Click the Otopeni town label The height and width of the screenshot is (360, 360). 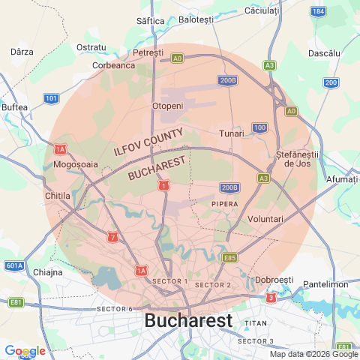coord(167,106)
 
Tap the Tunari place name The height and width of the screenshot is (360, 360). coord(232,133)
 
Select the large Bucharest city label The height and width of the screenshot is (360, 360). coord(188,321)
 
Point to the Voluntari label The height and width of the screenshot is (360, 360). coord(265,218)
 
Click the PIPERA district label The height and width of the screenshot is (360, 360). coord(224,203)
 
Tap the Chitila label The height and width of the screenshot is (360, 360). coord(57,195)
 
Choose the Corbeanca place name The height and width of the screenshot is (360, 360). coord(113,65)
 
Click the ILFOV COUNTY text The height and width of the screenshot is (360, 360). coord(148,141)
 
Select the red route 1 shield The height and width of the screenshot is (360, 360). coord(163,184)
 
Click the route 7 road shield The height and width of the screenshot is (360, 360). coord(112,238)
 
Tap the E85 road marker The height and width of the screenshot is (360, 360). coord(230,257)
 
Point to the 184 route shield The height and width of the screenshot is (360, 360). coord(319,12)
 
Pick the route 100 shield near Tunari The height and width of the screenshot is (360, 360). coord(259,127)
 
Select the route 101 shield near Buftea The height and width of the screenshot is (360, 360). coord(51,98)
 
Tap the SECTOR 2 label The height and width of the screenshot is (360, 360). coord(212,285)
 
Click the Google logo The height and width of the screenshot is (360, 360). coord(25,351)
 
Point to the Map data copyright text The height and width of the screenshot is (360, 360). coord(313,354)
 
